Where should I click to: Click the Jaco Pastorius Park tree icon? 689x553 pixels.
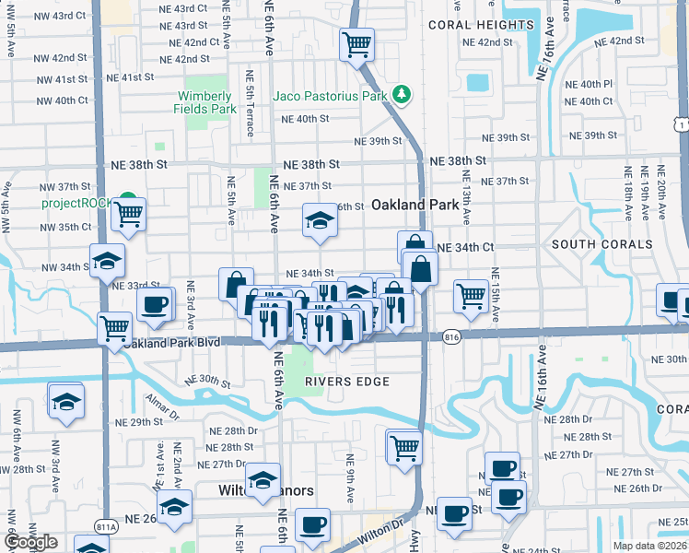pyautogui.click(x=401, y=95)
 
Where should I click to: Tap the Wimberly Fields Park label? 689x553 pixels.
pyautogui.click(x=204, y=102)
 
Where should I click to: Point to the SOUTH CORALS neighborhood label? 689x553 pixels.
pyautogui.click(x=601, y=244)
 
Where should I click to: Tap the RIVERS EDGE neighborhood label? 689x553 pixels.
pyautogui.click(x=349, y=381)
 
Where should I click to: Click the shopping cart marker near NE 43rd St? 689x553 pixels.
pyautogui.click(x=356, y=43)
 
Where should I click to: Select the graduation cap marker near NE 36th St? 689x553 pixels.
pyautogui.click(x=320, y=221)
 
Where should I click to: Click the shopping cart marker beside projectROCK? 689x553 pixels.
pyautogui.click(x=128, y=216)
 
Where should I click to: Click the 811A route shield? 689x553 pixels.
pyautogui.click(x=105, y=527)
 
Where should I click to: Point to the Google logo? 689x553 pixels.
pyautogui.click(x=30, y=542)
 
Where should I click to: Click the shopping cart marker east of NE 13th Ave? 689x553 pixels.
pyautogui.click(x=471, y=297)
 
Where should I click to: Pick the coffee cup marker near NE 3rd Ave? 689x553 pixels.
pyautogui.click(x=155, y=304)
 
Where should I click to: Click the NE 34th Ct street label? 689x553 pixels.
pyautogui.click(x=465, y=247)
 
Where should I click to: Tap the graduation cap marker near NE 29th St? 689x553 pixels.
pyautogui.click(x=66, y=402)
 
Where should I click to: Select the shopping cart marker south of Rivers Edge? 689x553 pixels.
pyautogui.click(x=403, y=448)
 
